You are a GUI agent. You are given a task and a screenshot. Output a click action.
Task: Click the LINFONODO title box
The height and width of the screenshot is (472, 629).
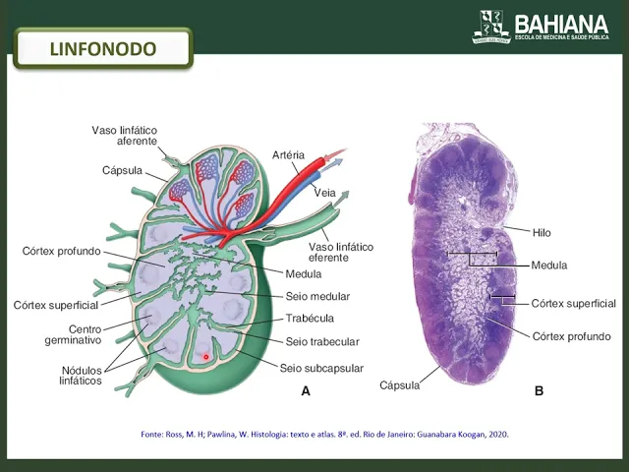click(103, 48)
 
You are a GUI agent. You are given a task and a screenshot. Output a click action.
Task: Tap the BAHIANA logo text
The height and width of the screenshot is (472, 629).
click(561, 22)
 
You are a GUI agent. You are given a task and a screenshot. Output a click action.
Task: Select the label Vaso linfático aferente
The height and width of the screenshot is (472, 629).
click(125, 136)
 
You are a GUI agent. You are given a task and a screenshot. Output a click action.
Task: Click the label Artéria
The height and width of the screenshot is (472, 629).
click(288, 155)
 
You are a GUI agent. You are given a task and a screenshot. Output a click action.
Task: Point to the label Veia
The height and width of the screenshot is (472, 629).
click(324, 193)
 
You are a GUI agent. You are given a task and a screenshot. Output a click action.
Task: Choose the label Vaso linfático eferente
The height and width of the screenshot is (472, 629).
click(337, 252)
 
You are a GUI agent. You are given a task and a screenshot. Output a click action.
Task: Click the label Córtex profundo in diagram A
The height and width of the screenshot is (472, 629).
click(61, 251)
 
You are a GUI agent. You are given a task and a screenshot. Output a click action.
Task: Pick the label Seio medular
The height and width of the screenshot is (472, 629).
click(317, 296)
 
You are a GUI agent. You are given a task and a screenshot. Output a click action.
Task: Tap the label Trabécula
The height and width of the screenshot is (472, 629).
click(310, 318)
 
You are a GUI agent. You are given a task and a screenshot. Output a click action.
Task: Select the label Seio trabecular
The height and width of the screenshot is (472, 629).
click(322, 342)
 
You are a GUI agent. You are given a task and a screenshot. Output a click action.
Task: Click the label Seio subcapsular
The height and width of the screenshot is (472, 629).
click(321, 369)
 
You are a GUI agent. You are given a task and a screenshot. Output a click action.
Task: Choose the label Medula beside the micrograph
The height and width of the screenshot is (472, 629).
click(549, 265)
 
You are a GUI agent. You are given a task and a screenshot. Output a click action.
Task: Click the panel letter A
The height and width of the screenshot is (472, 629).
click(306, 391)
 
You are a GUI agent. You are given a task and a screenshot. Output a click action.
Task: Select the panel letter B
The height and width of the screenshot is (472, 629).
click(539, 391)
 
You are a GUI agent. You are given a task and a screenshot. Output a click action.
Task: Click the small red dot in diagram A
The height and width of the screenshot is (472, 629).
click(205, 356)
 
